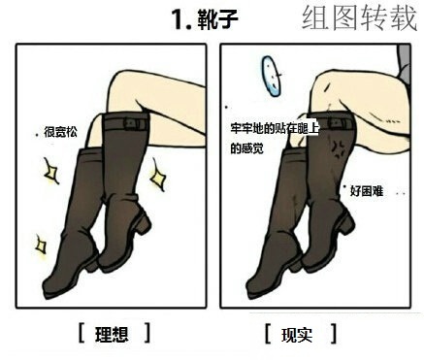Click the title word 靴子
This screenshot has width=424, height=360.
[x=218, y=17]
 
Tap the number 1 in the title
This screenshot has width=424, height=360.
[x=178, y=17]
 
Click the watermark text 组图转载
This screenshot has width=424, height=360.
[x=360, y=18]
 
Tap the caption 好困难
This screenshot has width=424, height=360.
[x=366, y=191]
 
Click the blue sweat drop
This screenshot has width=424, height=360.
[x=271, y=76]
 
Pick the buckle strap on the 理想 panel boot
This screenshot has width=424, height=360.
[x=123, y=122]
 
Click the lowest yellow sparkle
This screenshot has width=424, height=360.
[x=41, y=245]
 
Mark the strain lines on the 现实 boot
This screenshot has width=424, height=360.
[x=340, y=147]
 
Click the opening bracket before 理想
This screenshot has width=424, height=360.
[x=82, y=333]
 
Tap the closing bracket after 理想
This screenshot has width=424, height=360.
[x=147, y=333]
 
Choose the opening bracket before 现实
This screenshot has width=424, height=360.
[x=267, y=334]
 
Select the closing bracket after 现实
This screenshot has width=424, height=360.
[x=333, y=334]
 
